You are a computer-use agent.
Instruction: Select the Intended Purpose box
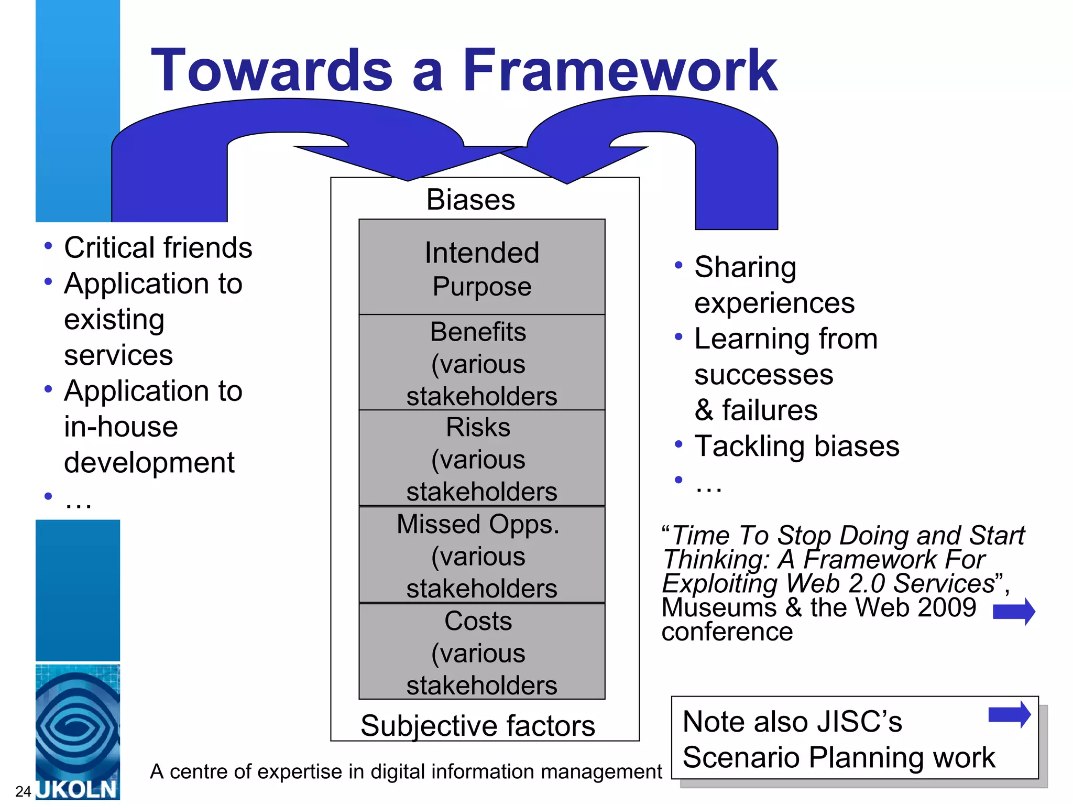pyautogui.click(x=481, y=267)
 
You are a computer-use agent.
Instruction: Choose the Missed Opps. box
pyautogui.click(x=481, y=555)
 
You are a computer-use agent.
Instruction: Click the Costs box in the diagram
pyautogui.click(x=481, y=652)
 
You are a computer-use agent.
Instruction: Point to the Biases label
pyautogui.click(x=470, y=200)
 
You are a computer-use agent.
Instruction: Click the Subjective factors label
pyautogui.click(x=477, y=726)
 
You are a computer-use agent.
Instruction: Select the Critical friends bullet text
pyautogui.click(x=158, y=247)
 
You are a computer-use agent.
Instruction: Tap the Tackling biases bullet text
pyautogui.click(x=796, y=447)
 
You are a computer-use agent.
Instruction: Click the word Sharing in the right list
pyautogui.click(x=745, y=267)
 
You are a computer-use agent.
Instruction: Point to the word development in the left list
pyautogui.click(x=149, y=463)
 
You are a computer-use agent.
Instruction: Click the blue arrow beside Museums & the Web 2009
pyautogui.click(x=1014, y=611)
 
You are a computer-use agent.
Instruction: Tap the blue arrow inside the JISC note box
pyautogui.click(x=1009, y=714)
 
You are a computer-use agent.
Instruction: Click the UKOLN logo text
pyautogui.click(x=78, y=789)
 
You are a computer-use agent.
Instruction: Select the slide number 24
pyautogui.click(x=23, y=791)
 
